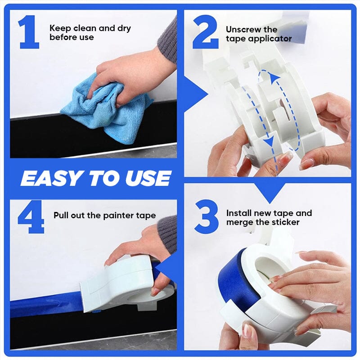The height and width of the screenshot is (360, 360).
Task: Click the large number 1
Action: (x=29, y=32)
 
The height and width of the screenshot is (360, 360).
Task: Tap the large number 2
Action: (x=205, y=32)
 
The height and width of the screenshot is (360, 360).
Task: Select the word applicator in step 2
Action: (x=270, y=39)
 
